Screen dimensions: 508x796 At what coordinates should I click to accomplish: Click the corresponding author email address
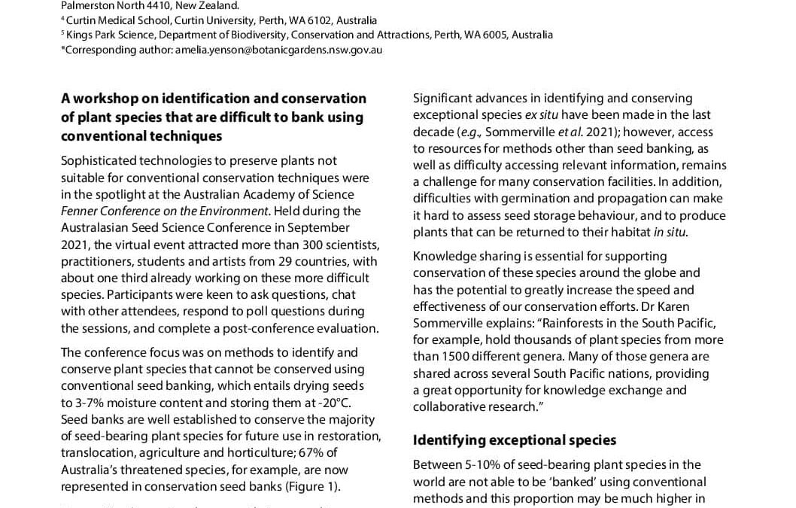278,50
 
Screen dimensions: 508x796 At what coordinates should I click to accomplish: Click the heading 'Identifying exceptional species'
515,440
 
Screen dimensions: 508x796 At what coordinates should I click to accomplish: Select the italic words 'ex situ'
544,114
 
